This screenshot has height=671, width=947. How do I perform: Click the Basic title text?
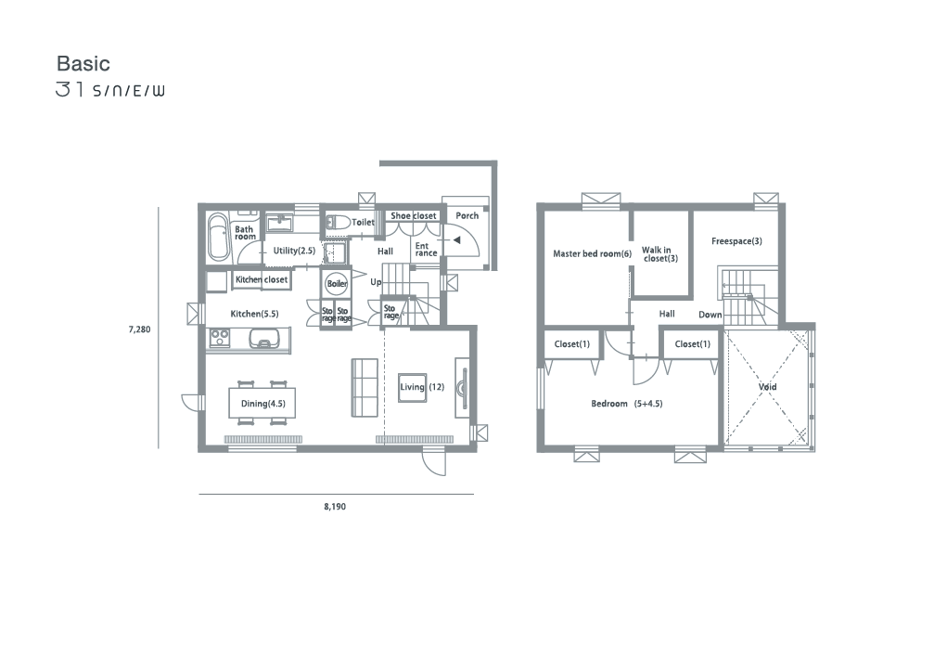[83, 63]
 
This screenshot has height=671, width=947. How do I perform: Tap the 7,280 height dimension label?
[139, 329]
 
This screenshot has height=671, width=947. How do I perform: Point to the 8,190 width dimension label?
[335, 507]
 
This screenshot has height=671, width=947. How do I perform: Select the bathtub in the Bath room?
[217, 238]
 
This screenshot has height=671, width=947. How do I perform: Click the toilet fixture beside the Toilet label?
[338, 223]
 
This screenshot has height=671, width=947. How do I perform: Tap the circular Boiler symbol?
[337, 283]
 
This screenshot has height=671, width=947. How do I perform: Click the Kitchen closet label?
[262, 280]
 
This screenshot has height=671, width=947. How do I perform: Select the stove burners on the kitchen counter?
[219, 338]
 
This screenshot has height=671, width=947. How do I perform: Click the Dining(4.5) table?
[262, 403]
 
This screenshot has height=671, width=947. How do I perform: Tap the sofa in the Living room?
[365, 388]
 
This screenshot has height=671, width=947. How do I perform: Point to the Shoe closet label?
[413, 216]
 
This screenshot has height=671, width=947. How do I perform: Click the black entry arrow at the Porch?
[456, 240]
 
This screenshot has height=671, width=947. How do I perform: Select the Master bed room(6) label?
[593, 254]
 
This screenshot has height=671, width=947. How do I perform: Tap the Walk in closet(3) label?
[659, 254]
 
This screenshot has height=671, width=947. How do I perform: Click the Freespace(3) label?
[736, 241]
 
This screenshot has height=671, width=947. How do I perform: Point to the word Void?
[768, 387]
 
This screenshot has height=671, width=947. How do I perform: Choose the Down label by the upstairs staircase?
[710, 315]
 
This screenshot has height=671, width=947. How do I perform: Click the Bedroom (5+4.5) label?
[627, 404]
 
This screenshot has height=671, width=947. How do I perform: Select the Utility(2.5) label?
[294, 251]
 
